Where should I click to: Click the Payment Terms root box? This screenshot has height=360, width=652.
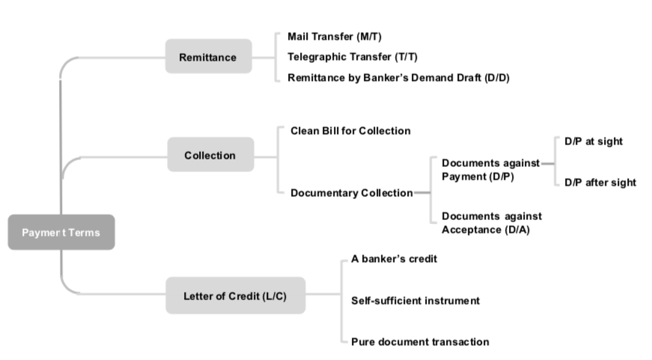coord(61,232)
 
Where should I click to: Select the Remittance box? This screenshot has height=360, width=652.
coord(207,57)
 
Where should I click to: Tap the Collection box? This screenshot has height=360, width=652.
coord(210,156)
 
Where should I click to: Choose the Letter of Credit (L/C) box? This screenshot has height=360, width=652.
coord(234,296)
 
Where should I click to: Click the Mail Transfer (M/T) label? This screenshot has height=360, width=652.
coord(329,37)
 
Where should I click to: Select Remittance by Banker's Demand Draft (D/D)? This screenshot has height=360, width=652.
coord(398,78)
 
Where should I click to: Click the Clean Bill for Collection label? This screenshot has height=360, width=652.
coord(350,131)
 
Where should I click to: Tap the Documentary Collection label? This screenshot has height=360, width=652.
coord(351,193)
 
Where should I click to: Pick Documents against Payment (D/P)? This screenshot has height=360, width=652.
coord(490,170)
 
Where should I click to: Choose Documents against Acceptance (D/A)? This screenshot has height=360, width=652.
coord(491,223)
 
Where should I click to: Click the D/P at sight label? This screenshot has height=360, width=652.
coord(594,141)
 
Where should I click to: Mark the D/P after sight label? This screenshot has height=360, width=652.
coord(600,183)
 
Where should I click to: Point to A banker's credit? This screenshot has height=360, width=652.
coord(394,259)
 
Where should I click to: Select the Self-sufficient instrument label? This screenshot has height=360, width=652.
coord(415,301)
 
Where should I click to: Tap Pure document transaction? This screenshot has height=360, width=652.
coord(420,342)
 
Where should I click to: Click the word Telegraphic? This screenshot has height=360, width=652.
coord(314,57)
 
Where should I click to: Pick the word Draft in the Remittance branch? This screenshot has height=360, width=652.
coord(467,78)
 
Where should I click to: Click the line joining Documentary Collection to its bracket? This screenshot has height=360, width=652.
coord(422,193)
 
